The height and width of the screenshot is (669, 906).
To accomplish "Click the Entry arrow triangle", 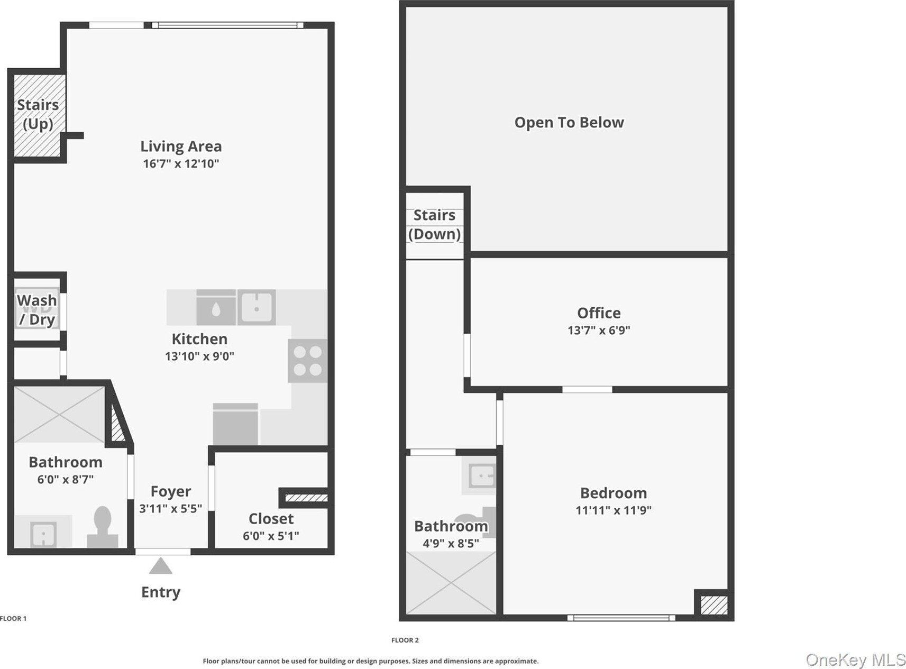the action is click(160, 566).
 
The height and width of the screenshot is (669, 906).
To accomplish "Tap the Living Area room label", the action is click(181, 146).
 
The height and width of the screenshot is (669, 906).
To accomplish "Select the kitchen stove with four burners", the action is click(307, 361).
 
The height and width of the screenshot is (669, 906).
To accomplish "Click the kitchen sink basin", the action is click(257, 307).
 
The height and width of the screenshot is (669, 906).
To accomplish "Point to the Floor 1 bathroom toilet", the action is click(103, 527).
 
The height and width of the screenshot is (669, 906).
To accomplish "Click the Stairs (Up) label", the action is click(38, 114).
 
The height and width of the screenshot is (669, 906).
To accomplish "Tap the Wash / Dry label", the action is click(37, 310).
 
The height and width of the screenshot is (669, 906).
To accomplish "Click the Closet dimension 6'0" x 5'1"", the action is click(271, 536).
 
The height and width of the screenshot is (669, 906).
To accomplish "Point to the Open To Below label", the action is click(569, 123).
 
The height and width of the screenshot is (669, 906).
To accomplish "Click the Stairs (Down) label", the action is click(434, 224).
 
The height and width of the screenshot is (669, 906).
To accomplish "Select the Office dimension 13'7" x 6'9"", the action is click(599, 331).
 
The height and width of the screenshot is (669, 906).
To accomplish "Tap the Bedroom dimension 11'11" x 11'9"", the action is click(614, 510).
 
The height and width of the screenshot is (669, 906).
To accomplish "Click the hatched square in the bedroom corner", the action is click(713, 605).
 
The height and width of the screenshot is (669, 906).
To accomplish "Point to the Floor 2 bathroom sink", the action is click(479, 476).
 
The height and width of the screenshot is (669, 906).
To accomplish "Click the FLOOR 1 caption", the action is click(13, 618).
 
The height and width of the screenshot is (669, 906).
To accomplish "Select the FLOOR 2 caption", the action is click(405, 640).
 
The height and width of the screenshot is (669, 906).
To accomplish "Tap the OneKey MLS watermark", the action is click(855, 659).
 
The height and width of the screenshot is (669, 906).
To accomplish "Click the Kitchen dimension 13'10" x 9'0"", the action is click(199, 356).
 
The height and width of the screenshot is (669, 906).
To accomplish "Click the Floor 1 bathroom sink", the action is click(43, 532).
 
